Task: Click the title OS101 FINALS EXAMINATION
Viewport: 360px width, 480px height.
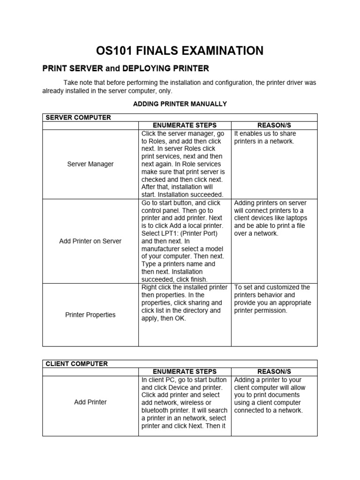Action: tap(180, 51)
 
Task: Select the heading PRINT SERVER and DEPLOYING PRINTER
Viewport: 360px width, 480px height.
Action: tap(126, 68)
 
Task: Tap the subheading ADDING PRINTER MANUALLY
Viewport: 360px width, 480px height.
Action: tap(180, 104)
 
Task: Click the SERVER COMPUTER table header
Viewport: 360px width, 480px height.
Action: tap(78, 117)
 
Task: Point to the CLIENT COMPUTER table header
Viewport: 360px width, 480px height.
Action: tap(76, 364)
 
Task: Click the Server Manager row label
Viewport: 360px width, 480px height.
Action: tap(90, 164)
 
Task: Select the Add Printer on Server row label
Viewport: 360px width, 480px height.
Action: tap(90, 241)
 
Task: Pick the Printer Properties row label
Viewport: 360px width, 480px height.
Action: tap(90, 315)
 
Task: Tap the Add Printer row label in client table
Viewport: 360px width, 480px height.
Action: tap(90, 402)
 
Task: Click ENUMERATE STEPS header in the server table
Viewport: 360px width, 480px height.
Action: tap(185, 125)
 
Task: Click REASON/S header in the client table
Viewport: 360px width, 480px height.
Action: tap(274, 372)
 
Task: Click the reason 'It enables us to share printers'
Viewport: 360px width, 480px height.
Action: tap(265, 137)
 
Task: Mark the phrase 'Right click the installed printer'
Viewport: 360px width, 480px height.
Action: tap(184, 287)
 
